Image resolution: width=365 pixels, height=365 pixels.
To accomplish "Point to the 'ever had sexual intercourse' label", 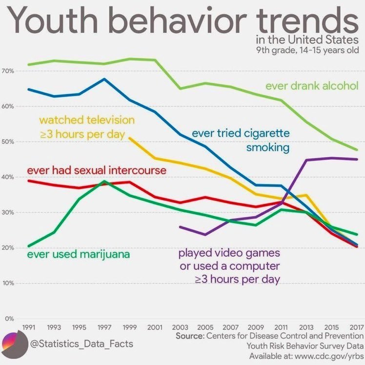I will (97, 171).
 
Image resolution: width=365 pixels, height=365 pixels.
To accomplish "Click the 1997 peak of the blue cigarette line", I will (104, 79).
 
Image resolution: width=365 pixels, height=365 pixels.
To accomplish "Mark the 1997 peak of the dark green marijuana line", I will (104, 181).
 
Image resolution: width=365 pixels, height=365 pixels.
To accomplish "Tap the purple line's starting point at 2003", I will (180, 227).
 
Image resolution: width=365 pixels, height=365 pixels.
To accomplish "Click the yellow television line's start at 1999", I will (129, 138).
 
